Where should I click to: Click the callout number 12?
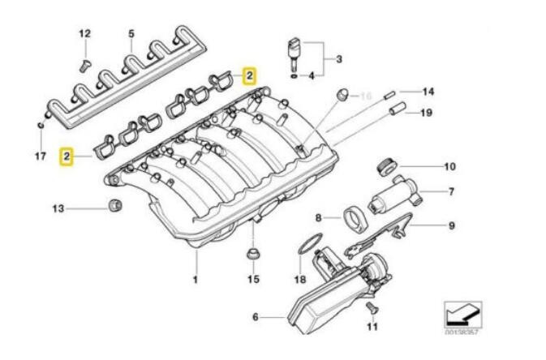[x=85, y=33]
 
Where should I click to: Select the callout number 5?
[x=130, y=33]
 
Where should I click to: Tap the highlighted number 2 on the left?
[x=67, y=153]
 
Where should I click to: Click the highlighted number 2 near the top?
[x=250, y=76]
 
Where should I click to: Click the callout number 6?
[x=255, y=317]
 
